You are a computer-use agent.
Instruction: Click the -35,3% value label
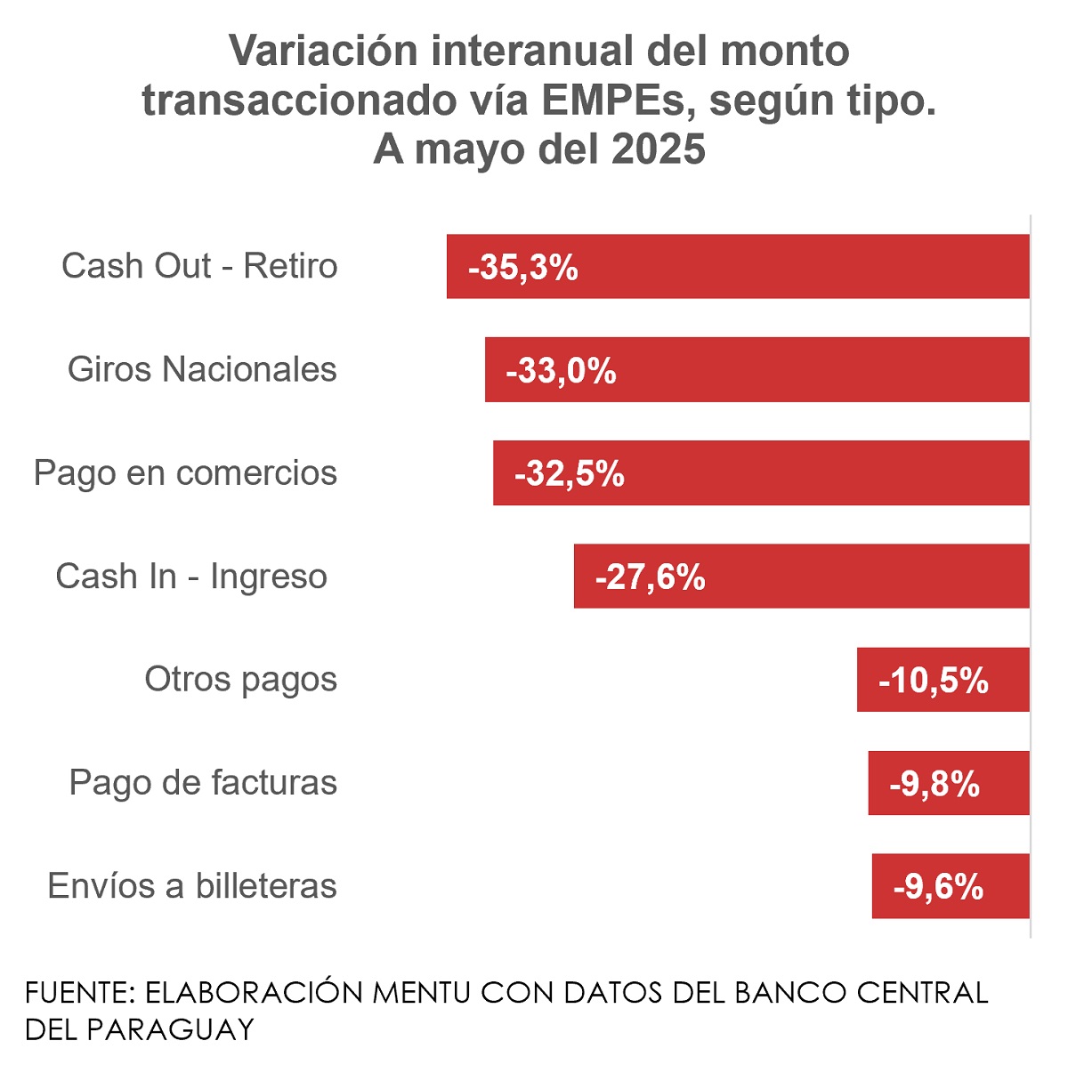[x=523, y=267]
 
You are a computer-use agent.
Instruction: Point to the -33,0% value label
[x=561, y=370]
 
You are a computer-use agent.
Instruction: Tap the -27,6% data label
[x=651, y=577]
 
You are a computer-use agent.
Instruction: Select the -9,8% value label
[x=934, y=784]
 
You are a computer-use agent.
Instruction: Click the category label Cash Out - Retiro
[x=199, y=266]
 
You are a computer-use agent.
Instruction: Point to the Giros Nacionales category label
[x=202, y=369]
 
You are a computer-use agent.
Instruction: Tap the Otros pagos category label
[x=240, y=680]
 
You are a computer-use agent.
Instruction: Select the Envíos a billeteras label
[x=192, y=886]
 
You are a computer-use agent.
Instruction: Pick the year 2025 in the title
[x=659, y=149]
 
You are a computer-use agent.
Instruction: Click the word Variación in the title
[x=324, y=51]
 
